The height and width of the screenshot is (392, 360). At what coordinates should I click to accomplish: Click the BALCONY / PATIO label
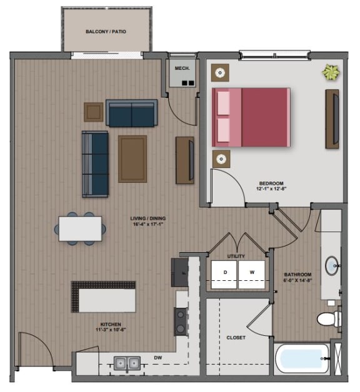(106, 31)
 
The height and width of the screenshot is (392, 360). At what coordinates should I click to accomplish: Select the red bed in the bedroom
(251, 117)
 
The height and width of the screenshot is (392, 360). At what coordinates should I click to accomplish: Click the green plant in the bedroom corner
(330, 73)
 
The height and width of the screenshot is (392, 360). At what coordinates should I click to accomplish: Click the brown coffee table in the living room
(132, 159)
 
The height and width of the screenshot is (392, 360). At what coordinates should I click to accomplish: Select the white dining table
(81, 228)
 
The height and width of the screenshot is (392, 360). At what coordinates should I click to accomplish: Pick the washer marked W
(252, 273)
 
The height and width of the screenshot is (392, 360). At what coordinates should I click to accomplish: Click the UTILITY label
(236, 256)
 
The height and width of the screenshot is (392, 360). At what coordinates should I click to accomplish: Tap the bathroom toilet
(328, 319)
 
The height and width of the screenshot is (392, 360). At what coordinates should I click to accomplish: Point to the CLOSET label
(236, 338)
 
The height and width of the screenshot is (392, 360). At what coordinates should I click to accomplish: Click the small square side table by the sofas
(94, 112)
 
